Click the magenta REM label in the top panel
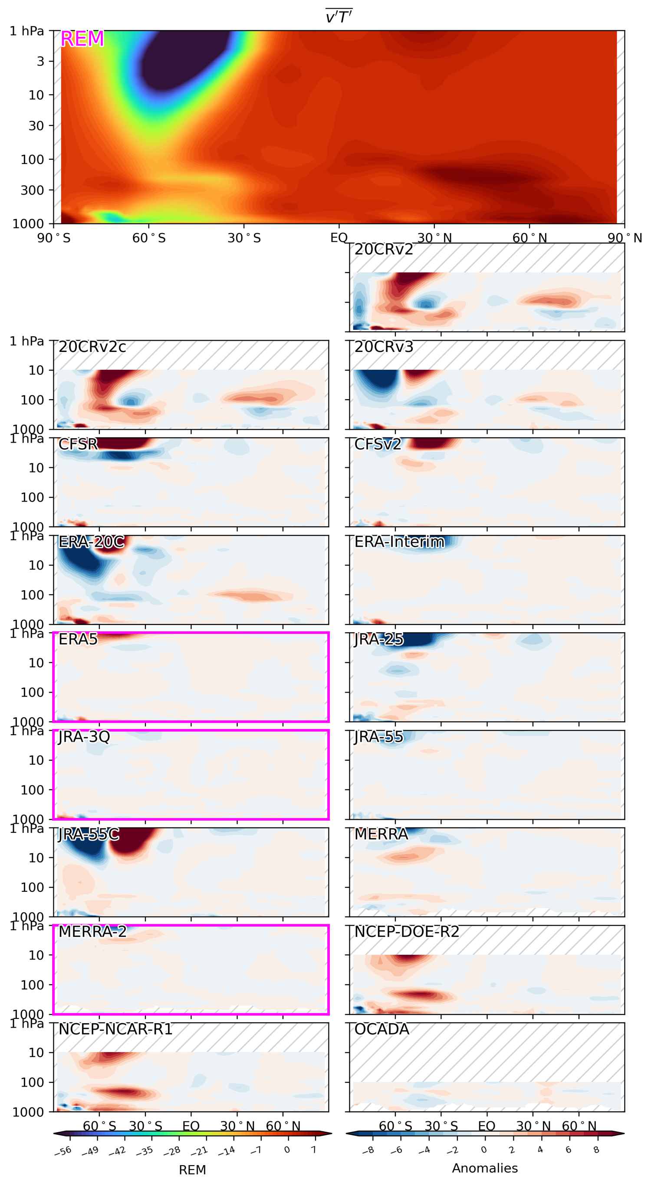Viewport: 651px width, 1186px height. tap(82, 39)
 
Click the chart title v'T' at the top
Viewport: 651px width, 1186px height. tap(339, 16)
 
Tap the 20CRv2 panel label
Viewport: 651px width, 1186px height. tap(384, 250)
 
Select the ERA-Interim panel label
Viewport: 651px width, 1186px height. tap(399, 542)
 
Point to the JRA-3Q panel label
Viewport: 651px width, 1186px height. tap(84, 737)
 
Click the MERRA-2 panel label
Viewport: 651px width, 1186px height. tap(92, 931)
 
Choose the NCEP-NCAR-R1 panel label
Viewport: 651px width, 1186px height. tap(115, 1029)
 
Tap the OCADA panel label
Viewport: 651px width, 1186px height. tap(381, 1029)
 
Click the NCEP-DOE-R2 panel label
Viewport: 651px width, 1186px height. tap(407, 931)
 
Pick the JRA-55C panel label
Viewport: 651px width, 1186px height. tap(89, 834)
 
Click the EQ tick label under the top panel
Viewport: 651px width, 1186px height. tap(339, 238)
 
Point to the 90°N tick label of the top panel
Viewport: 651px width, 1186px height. tap(624, 238)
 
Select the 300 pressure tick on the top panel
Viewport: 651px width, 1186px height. tap(32, 190)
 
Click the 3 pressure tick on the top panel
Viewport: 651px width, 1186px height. tap(40, 61)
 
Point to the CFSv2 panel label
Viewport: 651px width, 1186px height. tap(378, 444)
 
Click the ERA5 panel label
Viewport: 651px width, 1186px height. tap(78, 639)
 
